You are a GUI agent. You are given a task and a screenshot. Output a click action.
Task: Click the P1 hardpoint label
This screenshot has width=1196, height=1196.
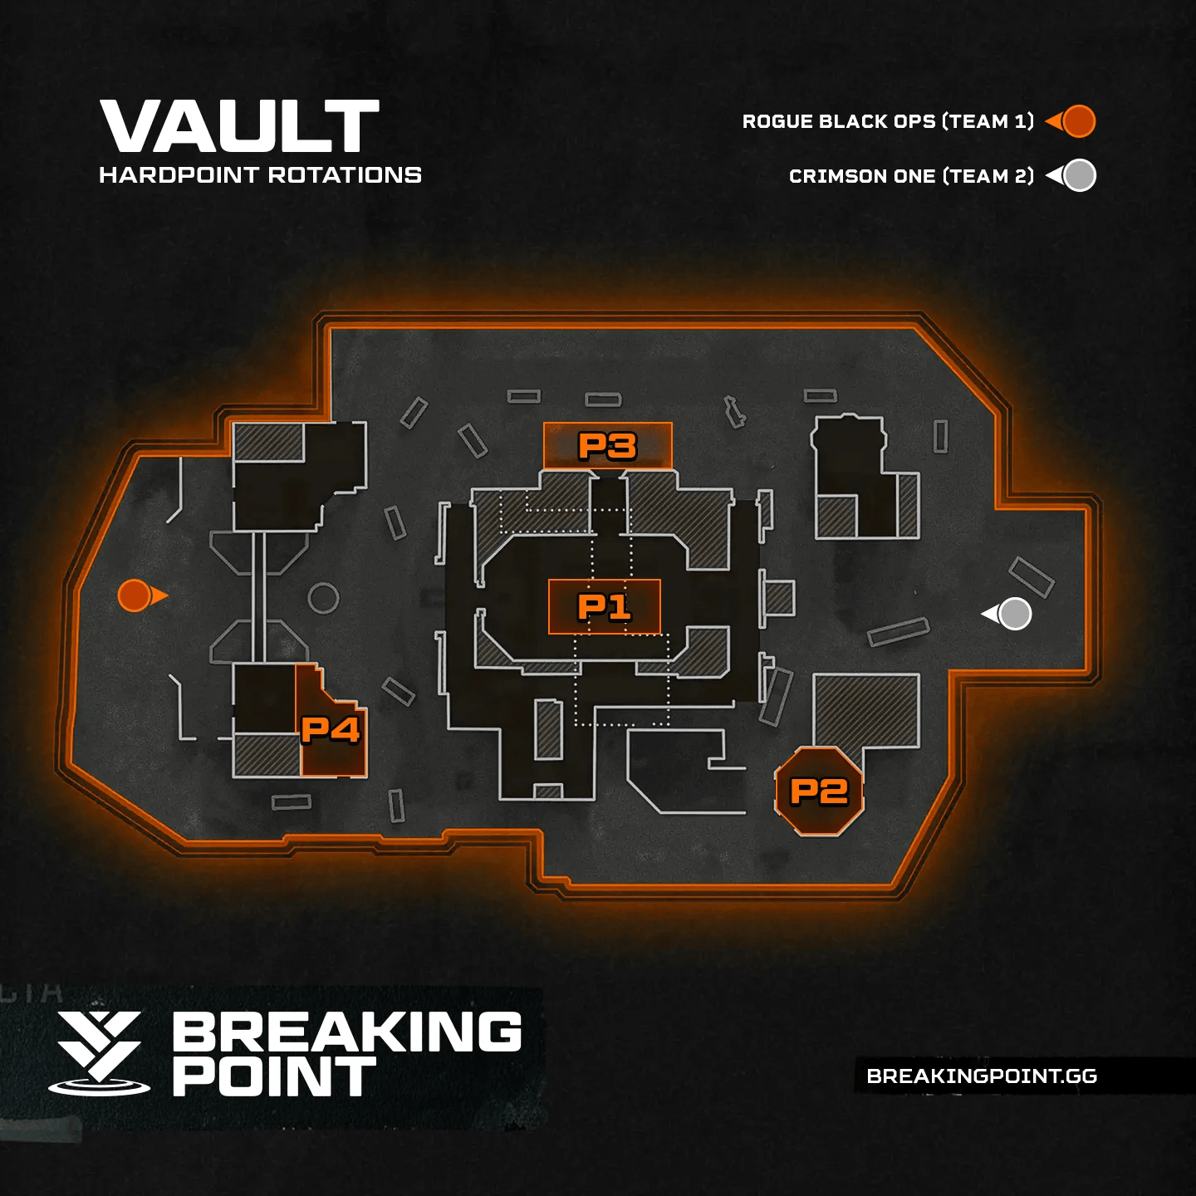[605, 607]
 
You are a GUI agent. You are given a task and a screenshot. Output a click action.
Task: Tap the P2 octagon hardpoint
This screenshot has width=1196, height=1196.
[819, 792]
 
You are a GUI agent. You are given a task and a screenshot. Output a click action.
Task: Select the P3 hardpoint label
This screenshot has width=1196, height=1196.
[607, 446]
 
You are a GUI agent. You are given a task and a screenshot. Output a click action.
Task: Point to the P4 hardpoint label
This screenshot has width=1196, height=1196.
[331, 730]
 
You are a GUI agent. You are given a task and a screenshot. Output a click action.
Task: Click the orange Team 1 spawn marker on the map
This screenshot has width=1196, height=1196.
[135, 596]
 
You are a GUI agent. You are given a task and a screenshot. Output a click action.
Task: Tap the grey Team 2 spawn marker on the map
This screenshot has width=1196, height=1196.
[1014, 614]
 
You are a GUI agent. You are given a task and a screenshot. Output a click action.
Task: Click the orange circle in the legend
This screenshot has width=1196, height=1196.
[1078, 121]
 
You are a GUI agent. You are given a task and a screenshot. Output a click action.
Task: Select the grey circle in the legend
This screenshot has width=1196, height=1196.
[1079, 175]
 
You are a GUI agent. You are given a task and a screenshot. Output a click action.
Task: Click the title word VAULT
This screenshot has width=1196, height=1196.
[239, 126]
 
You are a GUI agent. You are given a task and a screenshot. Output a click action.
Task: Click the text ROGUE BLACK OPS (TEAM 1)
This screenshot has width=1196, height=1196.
[888, 121]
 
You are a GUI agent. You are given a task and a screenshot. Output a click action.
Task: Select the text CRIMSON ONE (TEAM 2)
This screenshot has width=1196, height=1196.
[911, 176]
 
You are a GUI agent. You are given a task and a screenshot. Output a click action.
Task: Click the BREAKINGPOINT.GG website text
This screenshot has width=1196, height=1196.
[982, 1076]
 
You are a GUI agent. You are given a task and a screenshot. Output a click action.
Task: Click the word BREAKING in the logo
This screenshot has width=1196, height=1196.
[347, 1032]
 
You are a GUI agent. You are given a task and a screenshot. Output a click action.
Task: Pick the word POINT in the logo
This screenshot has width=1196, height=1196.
[274, 1077]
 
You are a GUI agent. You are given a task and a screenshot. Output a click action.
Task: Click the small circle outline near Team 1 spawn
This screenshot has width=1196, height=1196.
[323, 597]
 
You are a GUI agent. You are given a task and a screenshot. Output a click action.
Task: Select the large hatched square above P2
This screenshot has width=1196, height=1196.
[866, 711]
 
